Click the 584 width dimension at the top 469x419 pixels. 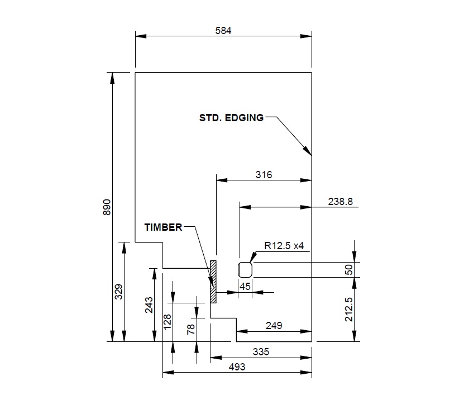coord(223,31)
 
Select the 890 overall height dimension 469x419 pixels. coord(108,207)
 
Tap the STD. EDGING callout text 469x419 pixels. coord(231,118)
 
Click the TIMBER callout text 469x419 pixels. coord(163,227)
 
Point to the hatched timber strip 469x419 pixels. coord(213,282)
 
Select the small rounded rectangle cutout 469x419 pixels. coord(246,269)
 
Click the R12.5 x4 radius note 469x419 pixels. coord(284,246)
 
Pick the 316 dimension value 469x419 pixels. coord(264,175)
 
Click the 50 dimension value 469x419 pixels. coord(349,270)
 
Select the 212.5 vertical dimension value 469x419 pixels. coord(349,308)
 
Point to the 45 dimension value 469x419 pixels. coord(245,287)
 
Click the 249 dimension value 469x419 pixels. coord(274,325)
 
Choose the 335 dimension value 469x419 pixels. coord(261,352)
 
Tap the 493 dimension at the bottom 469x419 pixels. coord(237,367)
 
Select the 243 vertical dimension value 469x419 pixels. coord(149,304)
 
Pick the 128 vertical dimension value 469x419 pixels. coord(168,322)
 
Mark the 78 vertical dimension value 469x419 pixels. coord(192,330)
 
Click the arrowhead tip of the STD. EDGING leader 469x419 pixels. coord(310,155)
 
